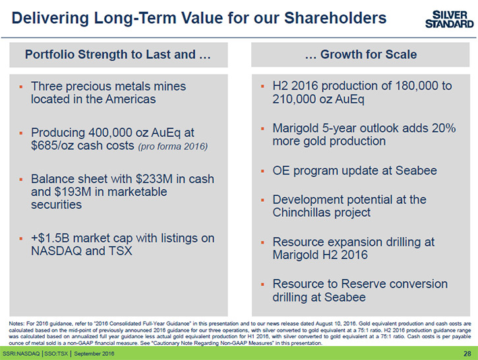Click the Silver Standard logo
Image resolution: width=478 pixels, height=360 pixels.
pyautogui.click(x=450, y=19)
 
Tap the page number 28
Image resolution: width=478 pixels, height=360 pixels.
pyautogui.click(x=467, y=353)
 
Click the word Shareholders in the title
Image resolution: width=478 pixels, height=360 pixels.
pyautogui.click(x=336, y=18)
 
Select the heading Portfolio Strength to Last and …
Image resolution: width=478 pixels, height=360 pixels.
pyautogui.click(x=118, y=55)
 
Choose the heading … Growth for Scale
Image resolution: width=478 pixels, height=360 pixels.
pyautogui.click(x=361, y=54)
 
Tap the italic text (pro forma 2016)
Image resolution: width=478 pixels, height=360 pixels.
pyautogui.click(x=173, y=146)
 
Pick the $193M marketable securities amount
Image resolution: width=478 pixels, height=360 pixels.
pyautogui.click(x=73, y=192)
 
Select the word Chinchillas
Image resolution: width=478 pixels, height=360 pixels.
pyautogui.click(x=305, y=212)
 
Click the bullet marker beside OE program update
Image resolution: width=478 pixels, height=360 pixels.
pyautogui.click(x=262, y=171)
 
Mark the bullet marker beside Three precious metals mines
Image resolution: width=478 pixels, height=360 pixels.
pyautogui.click(x=20, y=87)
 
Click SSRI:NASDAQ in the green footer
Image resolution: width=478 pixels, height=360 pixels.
pyautogui.click(x=21, y=353)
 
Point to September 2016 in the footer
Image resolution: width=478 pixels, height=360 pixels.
pyautogui.click(x=94, y=353)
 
